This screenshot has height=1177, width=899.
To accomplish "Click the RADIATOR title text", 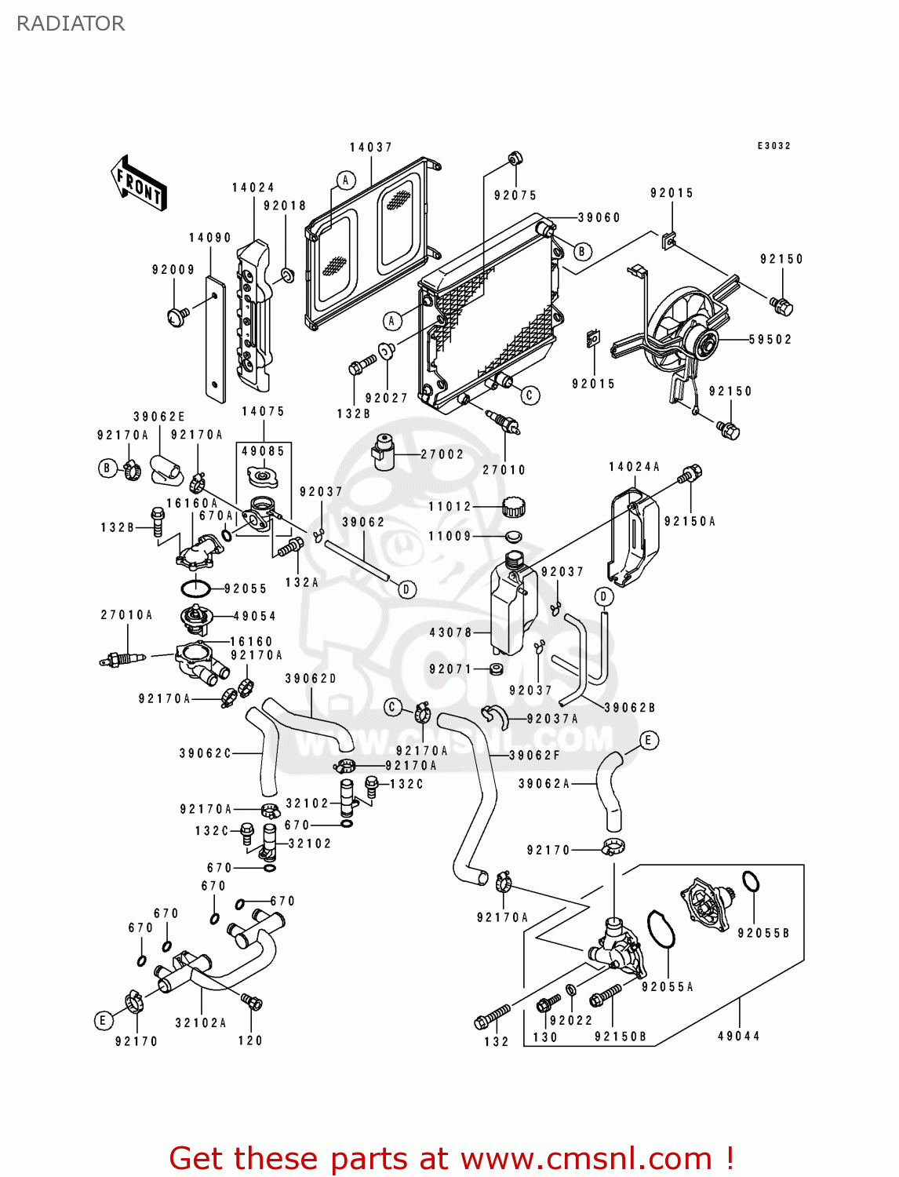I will pyautogui.click(x=71, y=24).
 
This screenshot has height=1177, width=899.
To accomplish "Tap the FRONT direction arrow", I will pyautogui.click(x=139, y=184).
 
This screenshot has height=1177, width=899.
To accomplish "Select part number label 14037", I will pyautogui.click(x=370, y=148).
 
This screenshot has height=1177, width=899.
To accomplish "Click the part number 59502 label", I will pyautogui.click(x=770, y=340).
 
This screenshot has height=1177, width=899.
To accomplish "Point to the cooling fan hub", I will pyautogui.click(x=704, y=344).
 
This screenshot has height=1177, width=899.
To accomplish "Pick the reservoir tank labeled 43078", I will pyautogui.click(x=512, y=608).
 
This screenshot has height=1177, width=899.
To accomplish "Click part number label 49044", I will pyautogui.click(x=738, y=1036).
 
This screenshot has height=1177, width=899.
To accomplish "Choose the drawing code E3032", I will pyautogui.click(x=773, y=146).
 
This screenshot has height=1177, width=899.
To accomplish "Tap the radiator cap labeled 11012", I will pyautogui.click(x=513, y=506).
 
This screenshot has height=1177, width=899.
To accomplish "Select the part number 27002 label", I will pyautogui.click(x=442, y=454).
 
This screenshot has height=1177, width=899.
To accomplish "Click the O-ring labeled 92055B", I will pyautogui.click(x=751, y=882).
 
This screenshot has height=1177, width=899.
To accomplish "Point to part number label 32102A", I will pyautogui.click(x=200, y=1022).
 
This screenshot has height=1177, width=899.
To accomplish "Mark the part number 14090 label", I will pyautogui.click(x=209, y=238).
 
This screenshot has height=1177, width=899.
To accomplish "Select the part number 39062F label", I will pyautogui.click(x=534, y=756).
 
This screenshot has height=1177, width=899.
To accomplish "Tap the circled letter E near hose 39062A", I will pyautogui.click(x=649, y=740).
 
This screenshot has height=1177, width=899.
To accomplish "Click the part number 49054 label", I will pyautogui.click(x=254, y=617).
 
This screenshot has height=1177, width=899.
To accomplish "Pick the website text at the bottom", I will pyautogui.click(x=451, y=1158).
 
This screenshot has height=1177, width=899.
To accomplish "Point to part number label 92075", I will pyautogui.click(x=515, y=195).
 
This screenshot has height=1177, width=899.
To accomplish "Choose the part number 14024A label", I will pyautogui.click(x=634, y=467).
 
